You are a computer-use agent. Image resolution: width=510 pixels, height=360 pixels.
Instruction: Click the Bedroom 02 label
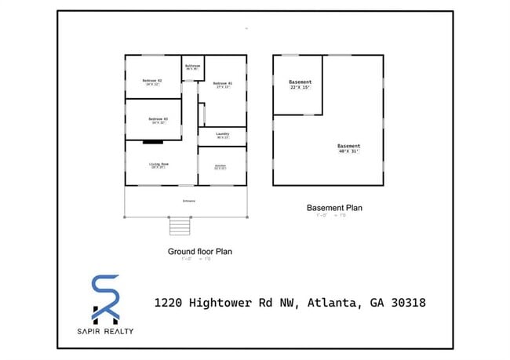pyautogui.click(x=152, y=81)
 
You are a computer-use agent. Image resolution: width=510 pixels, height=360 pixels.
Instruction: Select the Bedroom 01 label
pyautogui.click(x=222, y=83)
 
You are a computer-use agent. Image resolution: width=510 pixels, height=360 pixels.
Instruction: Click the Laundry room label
pyautogui.click(x=222, y=134)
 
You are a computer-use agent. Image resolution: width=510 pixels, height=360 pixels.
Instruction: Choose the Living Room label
pyautogui.click(x=160, y=164)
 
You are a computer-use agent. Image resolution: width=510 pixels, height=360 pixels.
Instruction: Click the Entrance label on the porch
pyautogui.click(x=189, y=201)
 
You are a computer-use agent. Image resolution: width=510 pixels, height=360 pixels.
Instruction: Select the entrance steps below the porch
pyautogui.click(x=180, y=226)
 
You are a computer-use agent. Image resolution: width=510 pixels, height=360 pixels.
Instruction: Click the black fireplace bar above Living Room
pyautogui.click(x=152, y=142)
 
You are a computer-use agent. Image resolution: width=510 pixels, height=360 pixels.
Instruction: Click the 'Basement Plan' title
pyautogui.click(x=334, y=208)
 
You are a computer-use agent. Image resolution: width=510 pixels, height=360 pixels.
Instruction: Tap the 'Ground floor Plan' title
pyautogui.click(x=199, y=252)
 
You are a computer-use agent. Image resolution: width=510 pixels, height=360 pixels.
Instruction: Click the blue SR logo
pyautogui.click(x=106, y=297)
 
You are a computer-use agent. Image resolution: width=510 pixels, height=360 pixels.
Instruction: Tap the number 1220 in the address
pyautogui.click(x=170, y=302)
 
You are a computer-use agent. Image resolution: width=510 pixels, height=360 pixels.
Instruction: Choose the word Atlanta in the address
pyautogui.click(x=337, y=302)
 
